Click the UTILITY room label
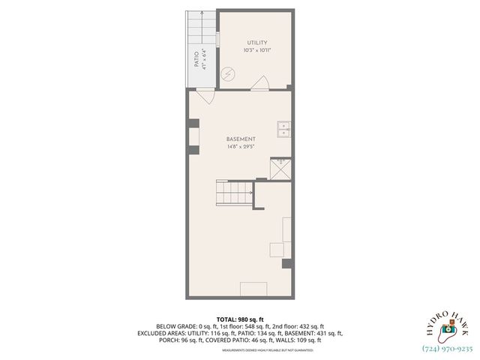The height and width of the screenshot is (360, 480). point(257,43)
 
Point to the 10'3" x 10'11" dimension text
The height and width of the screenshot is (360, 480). point(257,50)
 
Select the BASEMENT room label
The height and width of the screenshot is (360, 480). point(241,139)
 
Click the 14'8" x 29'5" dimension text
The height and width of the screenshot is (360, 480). point(241,147)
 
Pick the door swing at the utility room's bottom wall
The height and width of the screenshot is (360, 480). point(259,83)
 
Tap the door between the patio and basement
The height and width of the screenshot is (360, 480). point(204,95)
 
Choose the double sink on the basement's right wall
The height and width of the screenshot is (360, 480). point(284,130)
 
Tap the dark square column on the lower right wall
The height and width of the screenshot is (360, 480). point(286,263)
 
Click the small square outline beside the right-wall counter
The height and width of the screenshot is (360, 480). point(277,250)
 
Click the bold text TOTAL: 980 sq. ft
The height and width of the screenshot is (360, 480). point(240,319)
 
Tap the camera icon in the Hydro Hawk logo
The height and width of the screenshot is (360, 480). point(447,328)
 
